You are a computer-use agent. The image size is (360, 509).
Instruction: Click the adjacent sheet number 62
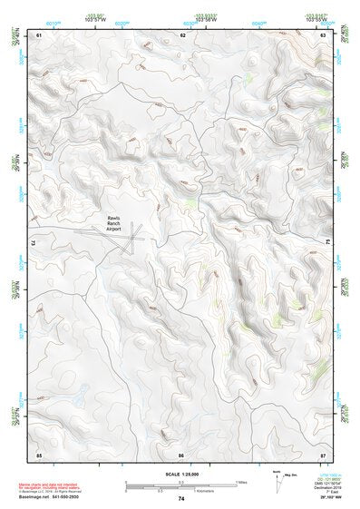click(x=183, y=34)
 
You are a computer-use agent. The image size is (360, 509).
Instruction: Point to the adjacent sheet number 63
click(x=323, y=34)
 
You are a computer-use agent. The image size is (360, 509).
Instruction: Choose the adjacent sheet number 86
click(x=181, y=453)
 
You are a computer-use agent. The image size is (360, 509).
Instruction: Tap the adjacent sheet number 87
click(x=323, y=453)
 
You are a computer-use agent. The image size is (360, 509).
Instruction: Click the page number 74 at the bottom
click(x=181, y=499)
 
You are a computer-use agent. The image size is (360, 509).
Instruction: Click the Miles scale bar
click(x=180, y=482)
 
